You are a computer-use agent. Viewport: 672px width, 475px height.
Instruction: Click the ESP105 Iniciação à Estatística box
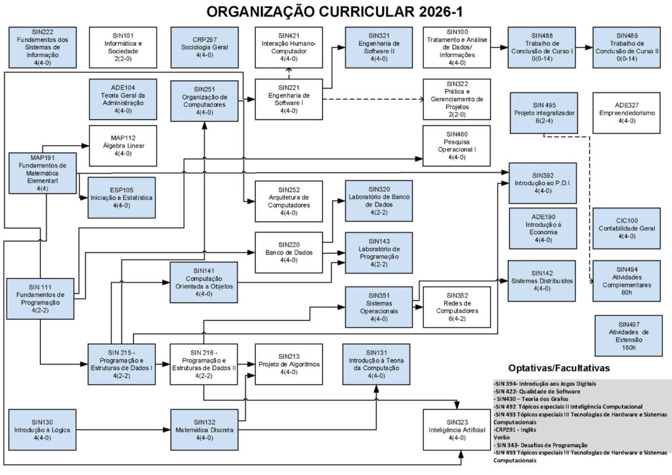[123, 197]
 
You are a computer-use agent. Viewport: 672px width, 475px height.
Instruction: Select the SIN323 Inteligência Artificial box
[457, 429]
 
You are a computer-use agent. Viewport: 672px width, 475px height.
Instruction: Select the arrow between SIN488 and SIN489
[584, 47]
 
